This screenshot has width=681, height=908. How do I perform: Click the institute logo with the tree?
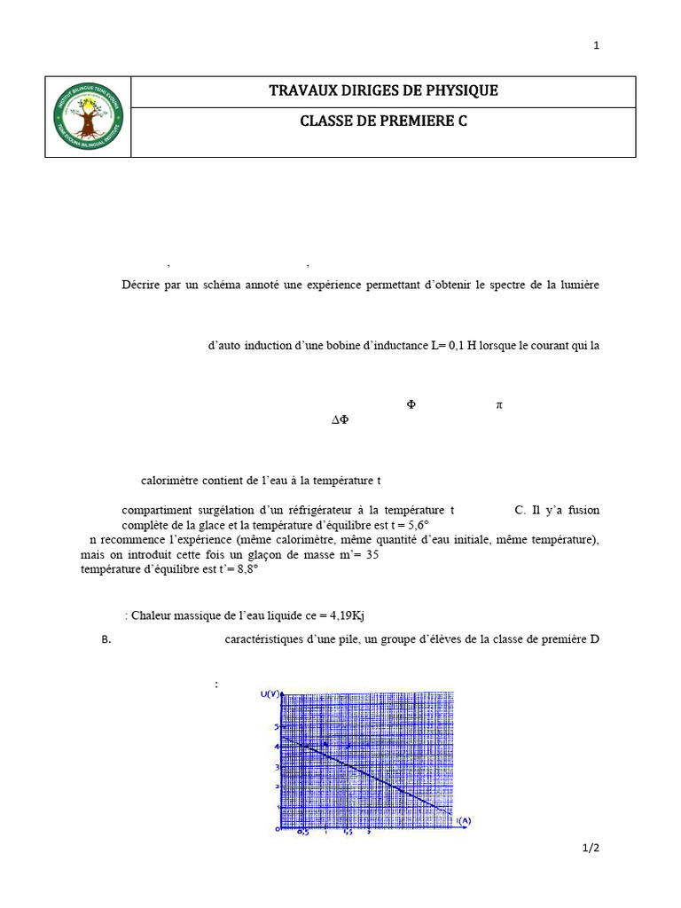[89, 117]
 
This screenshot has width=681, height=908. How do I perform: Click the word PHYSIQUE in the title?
[462, 90]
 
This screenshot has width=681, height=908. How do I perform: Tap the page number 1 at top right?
[597, 45]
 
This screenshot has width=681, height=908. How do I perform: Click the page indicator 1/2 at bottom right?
[591, 849]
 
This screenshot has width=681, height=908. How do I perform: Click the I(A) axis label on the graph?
[463, 820]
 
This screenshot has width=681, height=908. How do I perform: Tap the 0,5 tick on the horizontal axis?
[303, 833]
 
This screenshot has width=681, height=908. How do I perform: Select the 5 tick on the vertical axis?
[276, 727]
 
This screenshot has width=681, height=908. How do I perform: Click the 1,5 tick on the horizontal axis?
[347, 833]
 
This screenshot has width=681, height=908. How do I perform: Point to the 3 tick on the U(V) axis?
[276, 767]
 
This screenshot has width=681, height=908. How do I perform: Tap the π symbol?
[498, 404]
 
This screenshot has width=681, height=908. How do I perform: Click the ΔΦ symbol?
[340, 420]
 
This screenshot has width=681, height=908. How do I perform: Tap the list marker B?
[106, 638]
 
